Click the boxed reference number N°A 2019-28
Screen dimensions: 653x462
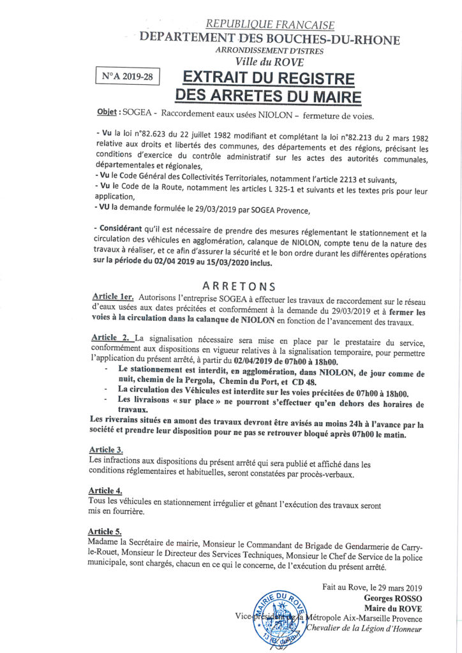point(127,77)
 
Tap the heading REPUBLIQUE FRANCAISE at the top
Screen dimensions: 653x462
point(271,25)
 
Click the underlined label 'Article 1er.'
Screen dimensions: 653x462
point(114,297)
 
